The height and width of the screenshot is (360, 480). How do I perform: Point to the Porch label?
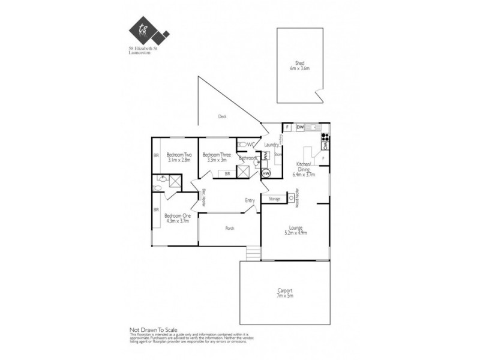click(x=229, y=229)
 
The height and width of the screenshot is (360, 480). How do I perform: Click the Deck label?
click(x=222, y=117)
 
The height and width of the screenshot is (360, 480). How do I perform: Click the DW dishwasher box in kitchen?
click(x=300, y=127)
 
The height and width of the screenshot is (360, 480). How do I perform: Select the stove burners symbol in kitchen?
click(x=325, y=136)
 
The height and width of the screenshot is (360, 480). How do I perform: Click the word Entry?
click(x=250, y=200)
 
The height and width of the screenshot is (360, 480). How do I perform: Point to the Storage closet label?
click(x=274, y=198)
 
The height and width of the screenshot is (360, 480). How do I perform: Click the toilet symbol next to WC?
click(x=241, y=144)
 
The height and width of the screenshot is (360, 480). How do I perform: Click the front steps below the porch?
click(x=253, y=253)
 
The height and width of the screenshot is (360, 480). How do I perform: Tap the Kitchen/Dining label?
click(x=303, y=166)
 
